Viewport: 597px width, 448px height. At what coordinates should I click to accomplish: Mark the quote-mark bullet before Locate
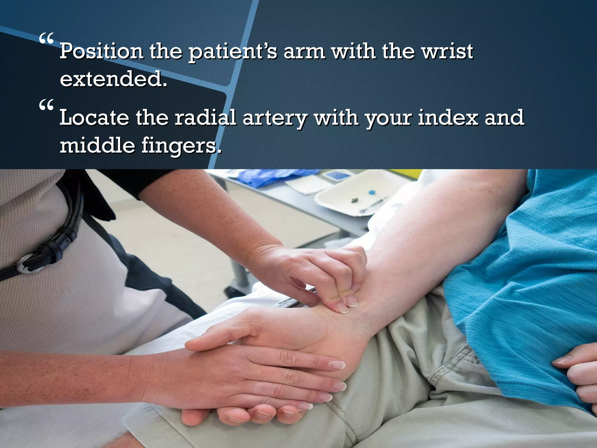[46, 104]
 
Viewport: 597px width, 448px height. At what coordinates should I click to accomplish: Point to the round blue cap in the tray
[371, 192]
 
